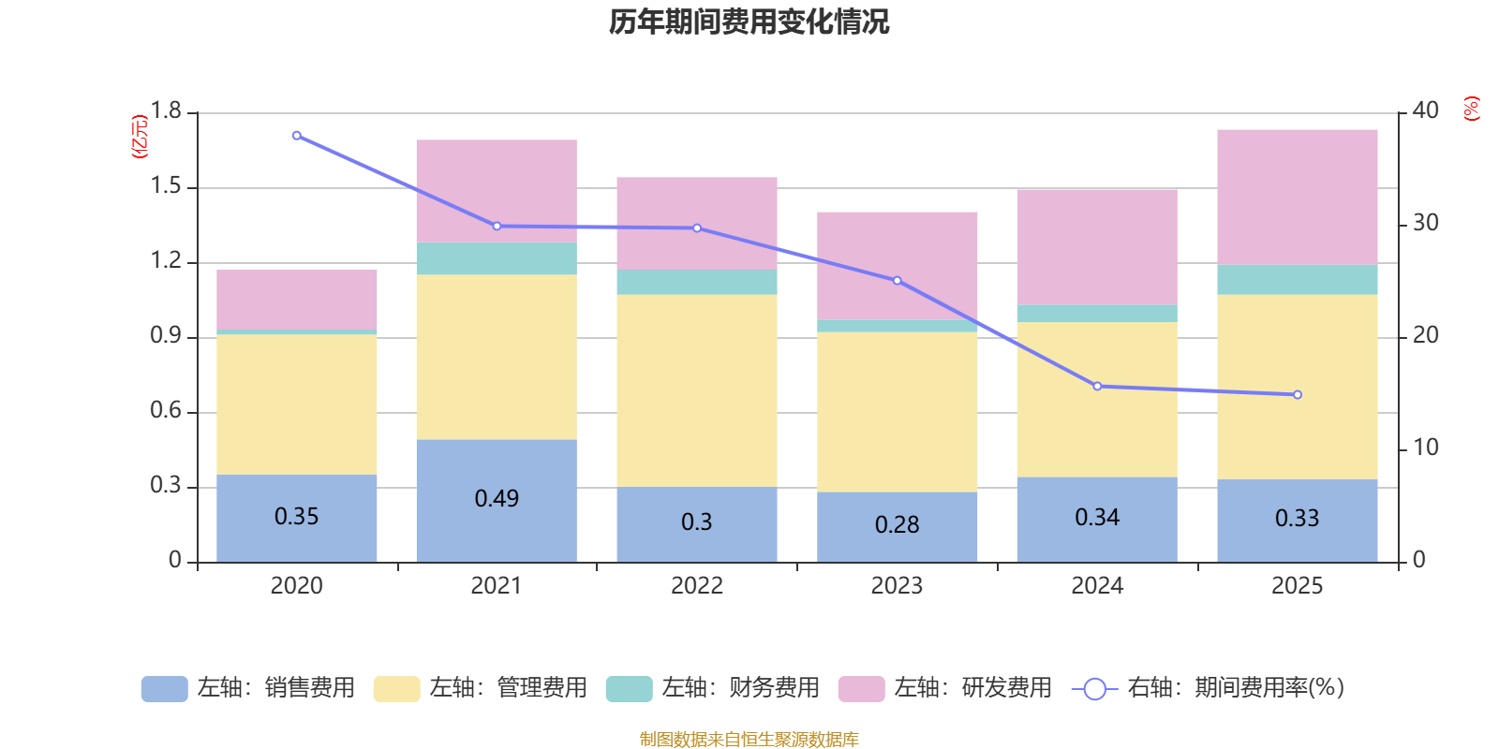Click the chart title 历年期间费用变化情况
[749, 22]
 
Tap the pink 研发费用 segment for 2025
[1297, 197]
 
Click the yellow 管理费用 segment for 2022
[696, 390]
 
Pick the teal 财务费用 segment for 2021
[497, 258]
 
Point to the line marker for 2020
[297, 136]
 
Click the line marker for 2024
[1097, 386]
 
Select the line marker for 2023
[897, 281]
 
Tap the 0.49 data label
[497, 498]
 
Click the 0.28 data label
[897, 524]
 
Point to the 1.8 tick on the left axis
[166, 111]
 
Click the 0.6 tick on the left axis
[166, 411]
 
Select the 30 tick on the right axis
[1425, 223]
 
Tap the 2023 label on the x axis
[897, 586]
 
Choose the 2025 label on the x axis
[1297, 586]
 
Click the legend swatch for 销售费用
[164, 688]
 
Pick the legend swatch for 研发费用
[861, 688]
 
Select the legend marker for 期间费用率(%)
[1094, 688]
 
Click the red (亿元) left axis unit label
[140, 137]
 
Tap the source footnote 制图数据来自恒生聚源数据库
[749, 740]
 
